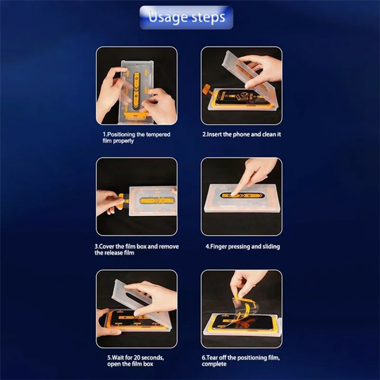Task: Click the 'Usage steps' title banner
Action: (186, 18)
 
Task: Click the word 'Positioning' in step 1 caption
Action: (122, 134)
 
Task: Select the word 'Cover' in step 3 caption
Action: (108, 247)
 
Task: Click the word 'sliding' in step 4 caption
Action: (270, 247)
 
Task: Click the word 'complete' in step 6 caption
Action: (214, 364)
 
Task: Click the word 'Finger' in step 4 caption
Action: (219, 247)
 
